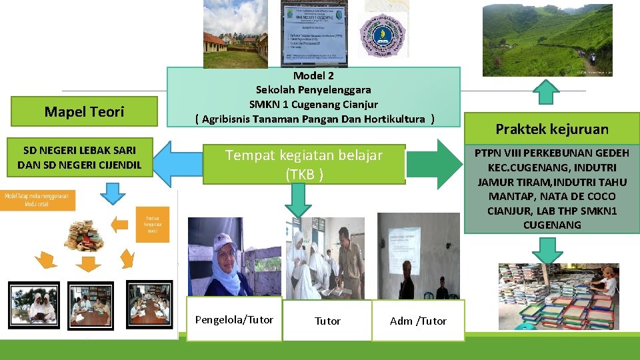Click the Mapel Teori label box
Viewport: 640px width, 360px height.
click(84, 112)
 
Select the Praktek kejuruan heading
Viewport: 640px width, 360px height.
click(552, 129)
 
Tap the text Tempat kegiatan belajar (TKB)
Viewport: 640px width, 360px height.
click(304, 164)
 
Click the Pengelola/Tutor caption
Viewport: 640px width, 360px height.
click(234, 320)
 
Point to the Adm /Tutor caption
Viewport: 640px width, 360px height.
click(418, 321)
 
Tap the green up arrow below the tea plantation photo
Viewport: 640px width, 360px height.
click(546, 92)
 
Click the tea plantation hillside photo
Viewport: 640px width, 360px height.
click(547, 39)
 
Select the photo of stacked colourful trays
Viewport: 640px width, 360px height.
click(559, 296)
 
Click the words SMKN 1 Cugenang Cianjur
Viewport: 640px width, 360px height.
click(313, 104)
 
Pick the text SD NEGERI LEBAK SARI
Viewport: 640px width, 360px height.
click(79, 151)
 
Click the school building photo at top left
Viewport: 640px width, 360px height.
click(235, 33)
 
